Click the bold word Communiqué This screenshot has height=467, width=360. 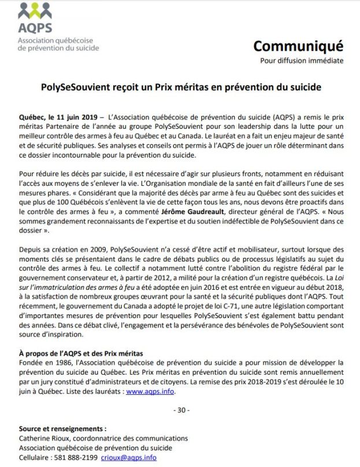coord(298,46)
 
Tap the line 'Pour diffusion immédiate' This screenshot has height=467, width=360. coord(301,61)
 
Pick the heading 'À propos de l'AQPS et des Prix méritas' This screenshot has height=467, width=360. coord(81,353)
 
